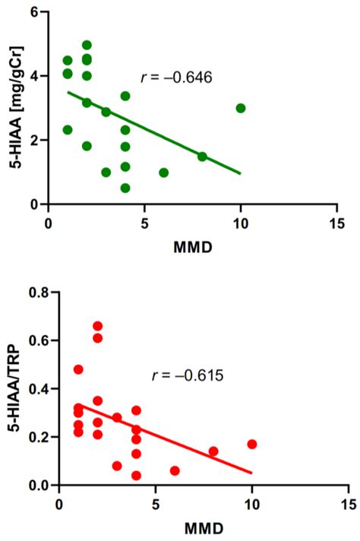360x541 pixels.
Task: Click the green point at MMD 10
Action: coord(241,108)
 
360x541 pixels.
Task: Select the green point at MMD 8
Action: coord(202,157)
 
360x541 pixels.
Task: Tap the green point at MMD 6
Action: coord(163,172)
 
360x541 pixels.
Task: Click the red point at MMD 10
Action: coord(251,444)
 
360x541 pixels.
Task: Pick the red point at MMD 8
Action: coord(213,451)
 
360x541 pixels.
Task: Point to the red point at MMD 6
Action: coord(175,471)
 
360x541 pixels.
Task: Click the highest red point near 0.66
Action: coord(98,326)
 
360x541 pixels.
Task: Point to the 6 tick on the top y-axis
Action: coord(35,12)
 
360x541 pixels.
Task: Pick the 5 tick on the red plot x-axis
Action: coord(156,504)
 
